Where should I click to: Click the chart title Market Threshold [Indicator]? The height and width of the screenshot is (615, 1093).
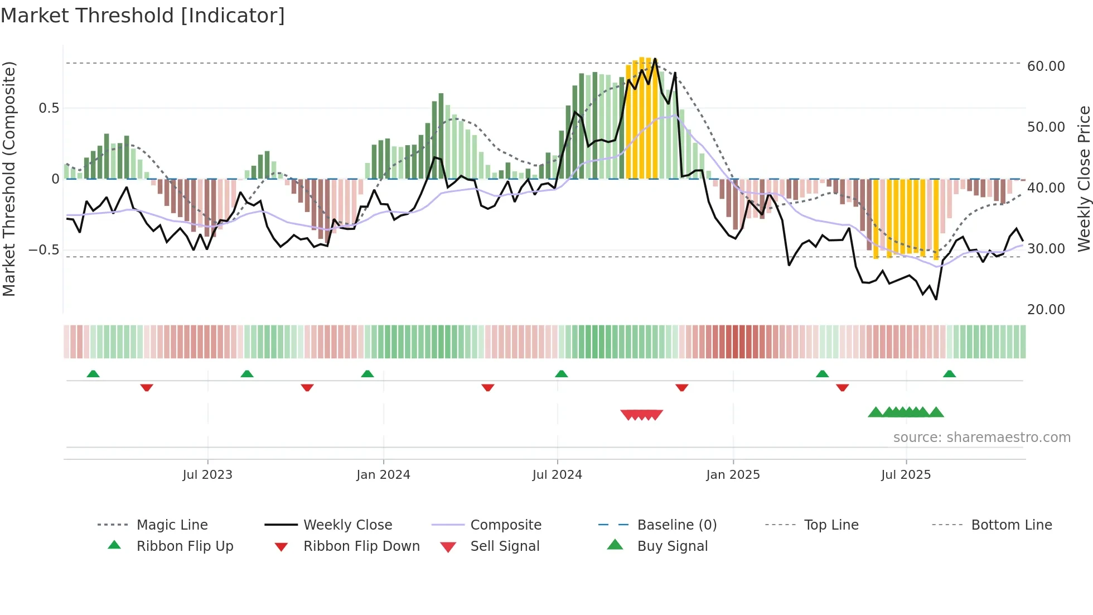pyautogui.click(x=143, y=16)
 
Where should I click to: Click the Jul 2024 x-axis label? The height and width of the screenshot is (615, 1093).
pyautogui.click(x=557, y=475)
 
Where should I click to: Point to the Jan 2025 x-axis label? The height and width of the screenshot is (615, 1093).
pyautogui.click(x=733, y=475)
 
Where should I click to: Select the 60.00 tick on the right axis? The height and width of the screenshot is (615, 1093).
pyautogui.click(x=1046, y=66)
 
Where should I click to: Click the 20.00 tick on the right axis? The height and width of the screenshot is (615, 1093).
pyautogui.click(x=1046, y=310)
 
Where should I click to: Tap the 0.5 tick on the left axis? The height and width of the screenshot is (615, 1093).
pyautogui.click(x=49, y=108)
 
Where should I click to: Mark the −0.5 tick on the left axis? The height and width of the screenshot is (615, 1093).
pyautogui.click(x=45, y=249)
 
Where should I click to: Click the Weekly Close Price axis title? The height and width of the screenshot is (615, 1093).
pyautogui.click(x=1084, y=179)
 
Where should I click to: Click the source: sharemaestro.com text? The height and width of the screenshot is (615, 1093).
pyautogui.click(x=981, y=438)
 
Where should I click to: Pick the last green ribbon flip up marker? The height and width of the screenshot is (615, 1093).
pyautogui.click(x=949, y=374)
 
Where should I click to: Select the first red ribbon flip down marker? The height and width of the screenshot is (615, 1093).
pyautogui.click(x=147, y=387)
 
